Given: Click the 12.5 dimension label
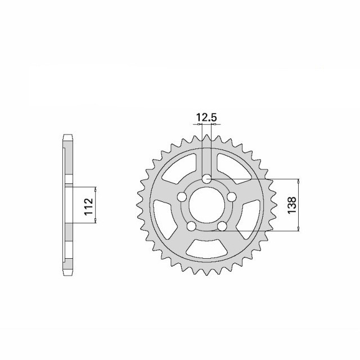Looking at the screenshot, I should click(206, 117).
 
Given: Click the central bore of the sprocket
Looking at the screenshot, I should click(206, 205).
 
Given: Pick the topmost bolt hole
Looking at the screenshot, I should click(206, 179).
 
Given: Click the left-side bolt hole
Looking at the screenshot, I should click(182, 197).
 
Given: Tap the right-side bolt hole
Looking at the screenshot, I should click(231, 197).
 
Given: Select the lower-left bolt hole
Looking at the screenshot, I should click(191, 226).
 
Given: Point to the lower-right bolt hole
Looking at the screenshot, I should click(222, 226).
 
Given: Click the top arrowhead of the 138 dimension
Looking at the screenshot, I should click(298, 182).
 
